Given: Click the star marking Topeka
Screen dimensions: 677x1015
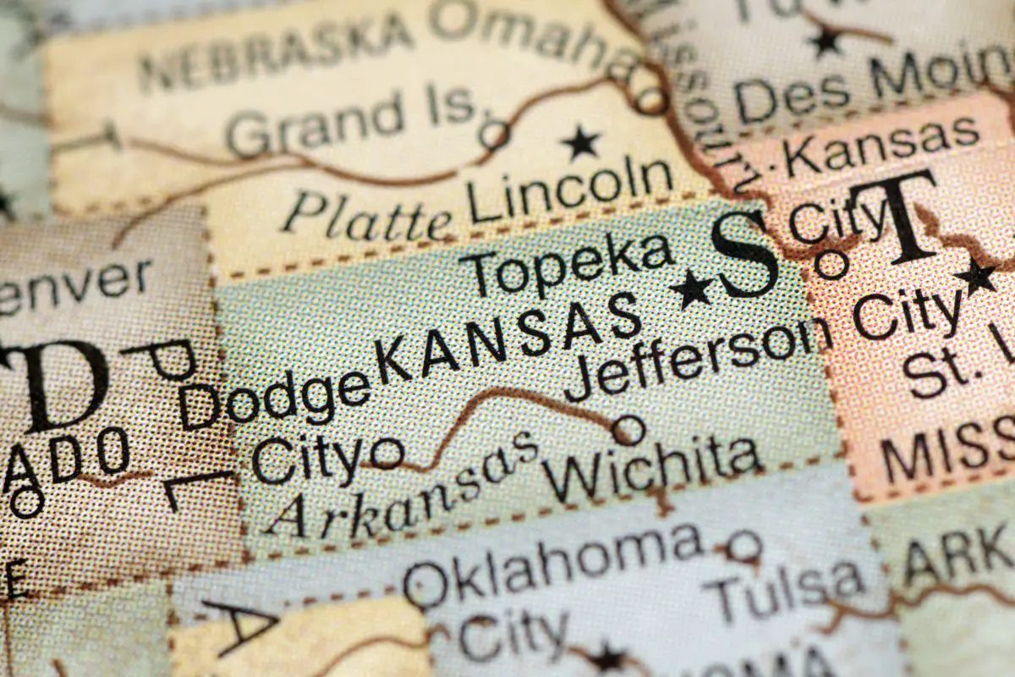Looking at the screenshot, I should [x=691, y=290].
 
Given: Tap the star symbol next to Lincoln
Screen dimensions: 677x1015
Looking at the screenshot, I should [x=581, y=142].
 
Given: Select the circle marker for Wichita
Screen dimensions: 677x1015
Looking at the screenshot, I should [x=628, y=431].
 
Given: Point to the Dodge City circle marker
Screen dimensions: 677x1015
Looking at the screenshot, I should [x=387, y=453].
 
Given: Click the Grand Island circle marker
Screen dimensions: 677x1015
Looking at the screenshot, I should [x=494, y=135].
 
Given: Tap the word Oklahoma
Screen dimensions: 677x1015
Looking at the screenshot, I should [x=553, y=563].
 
